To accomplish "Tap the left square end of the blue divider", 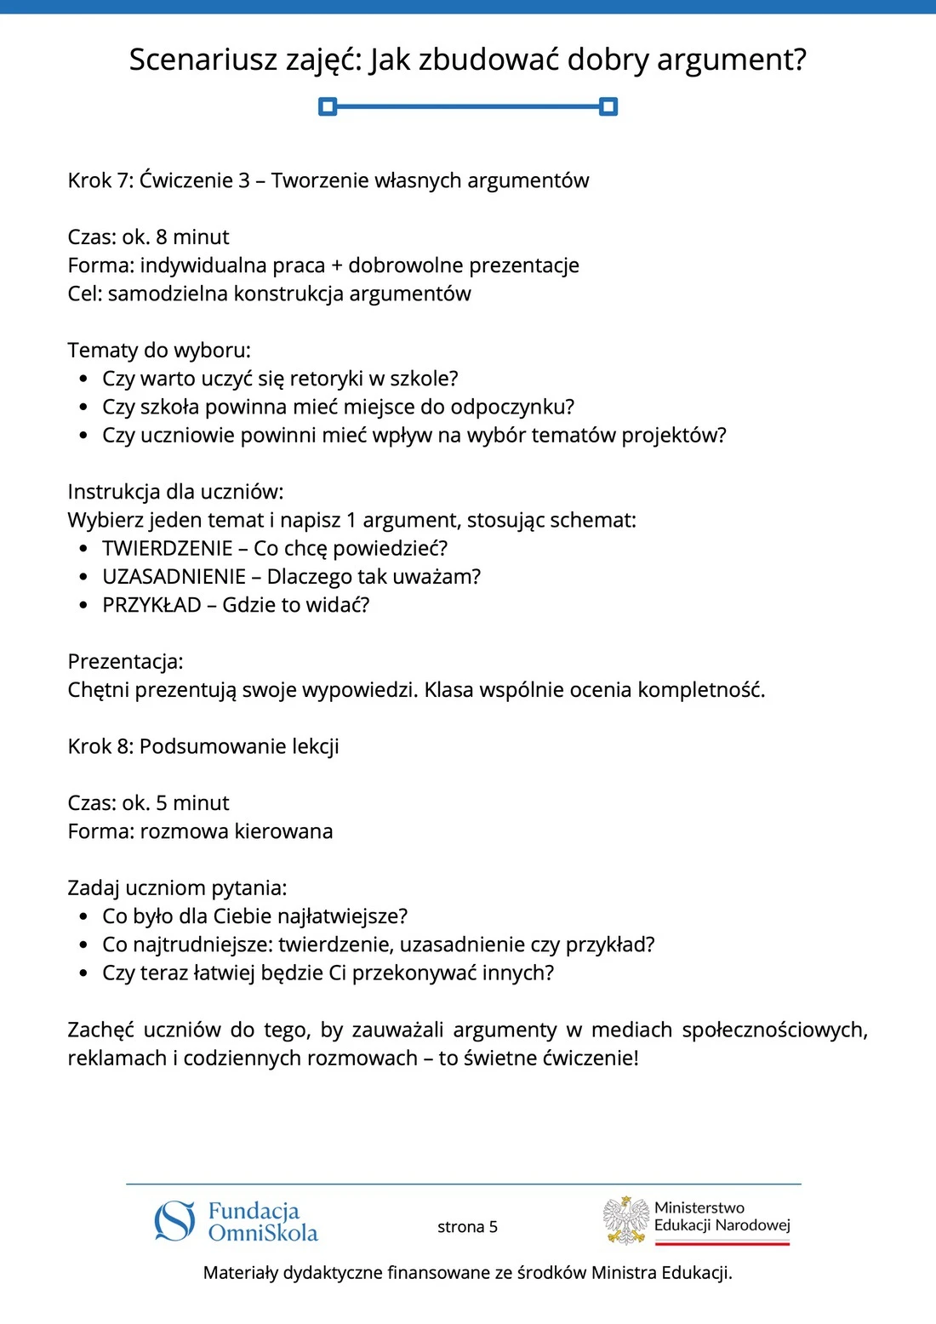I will click(328, 106).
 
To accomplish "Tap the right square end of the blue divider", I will click(608, 106).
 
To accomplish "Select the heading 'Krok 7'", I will click(99, 180).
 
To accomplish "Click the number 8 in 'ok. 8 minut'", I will click(162, 237).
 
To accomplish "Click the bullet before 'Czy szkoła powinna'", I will click(83, 408).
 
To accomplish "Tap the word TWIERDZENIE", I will click(168, 549).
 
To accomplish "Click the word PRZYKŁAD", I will click(151, 605).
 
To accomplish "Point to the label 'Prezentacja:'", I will click(125, 662).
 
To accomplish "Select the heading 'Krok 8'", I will click(99, 746).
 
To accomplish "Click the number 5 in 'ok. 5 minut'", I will click(162, 803).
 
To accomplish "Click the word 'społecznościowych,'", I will click(774, 1030).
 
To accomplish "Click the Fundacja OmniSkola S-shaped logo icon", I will click(174, 1221).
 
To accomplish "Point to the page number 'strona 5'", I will click(467, 1227).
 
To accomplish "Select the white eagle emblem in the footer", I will click(626, 1220).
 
